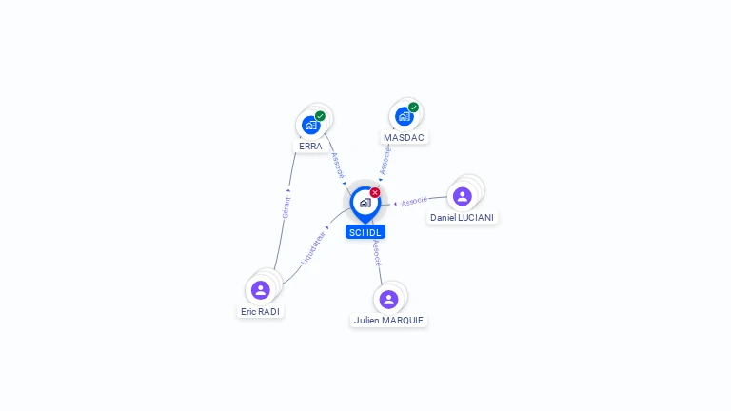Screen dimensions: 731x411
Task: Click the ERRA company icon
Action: [x=310, y=125]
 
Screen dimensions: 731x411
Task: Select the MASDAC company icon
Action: [x=404, y=116]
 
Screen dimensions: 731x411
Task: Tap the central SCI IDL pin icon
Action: [x=365, y=203]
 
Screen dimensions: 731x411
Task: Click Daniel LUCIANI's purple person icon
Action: [x=463, y=196]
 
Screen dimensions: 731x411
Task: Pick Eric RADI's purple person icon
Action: [x=260, y=290]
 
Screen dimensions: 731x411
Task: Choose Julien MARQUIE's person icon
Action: [x=388, y=300]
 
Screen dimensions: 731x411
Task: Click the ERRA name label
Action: [x=310, y=147]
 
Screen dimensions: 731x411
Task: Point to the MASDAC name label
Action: [x=404, y=138]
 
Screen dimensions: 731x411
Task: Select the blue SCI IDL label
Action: [x=365, y=232]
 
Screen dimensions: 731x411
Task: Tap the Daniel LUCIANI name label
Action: [x=463, y=218]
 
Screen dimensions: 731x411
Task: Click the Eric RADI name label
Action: [x=261, y=311]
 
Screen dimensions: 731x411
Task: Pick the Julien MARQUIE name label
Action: [x=388, y=321]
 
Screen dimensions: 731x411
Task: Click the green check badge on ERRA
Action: [x=320, y=116]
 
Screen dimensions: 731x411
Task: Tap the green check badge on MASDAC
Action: [x=413, y=108]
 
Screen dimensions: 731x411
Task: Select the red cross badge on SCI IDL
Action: [x=375, y=193]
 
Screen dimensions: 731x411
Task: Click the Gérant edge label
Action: [x=286, y=204]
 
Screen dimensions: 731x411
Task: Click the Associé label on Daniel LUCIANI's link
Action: [x=414, y=202]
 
